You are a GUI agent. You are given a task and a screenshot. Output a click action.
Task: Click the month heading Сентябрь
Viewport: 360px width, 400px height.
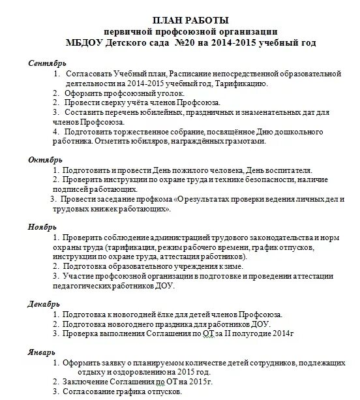pyautogui.click(x=46, y=63)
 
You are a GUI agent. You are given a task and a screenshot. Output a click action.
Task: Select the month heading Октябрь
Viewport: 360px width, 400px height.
pyautogui.click(x=46, y=159)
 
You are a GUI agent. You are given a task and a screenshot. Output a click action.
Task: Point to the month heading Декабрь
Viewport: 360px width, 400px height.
pyautogui.click(x=45, y=303)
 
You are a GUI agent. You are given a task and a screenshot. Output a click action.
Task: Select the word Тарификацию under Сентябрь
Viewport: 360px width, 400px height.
pyautogui.click(x=258, y=84)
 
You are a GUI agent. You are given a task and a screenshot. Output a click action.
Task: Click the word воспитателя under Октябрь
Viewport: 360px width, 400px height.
pyautogui.click(x=290, y=170)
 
